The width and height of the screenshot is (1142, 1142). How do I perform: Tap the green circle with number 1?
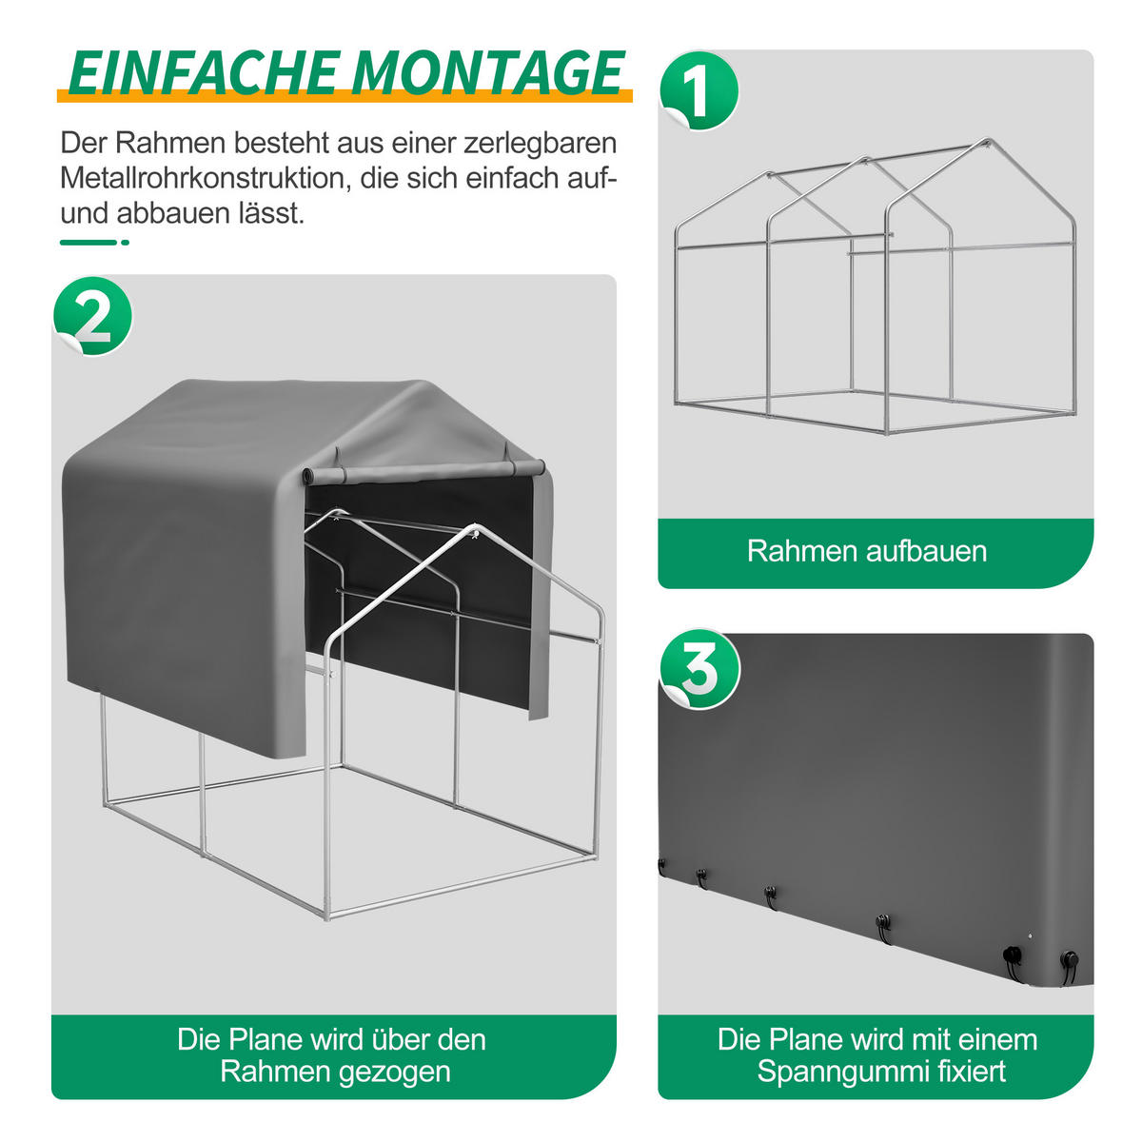tap(699, 90)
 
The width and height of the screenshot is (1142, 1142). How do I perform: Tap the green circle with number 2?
tap(93, 316)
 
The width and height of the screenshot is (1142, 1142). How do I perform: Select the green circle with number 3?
tap(699, 668)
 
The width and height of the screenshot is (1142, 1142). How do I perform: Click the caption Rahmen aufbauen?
tap(867, 551)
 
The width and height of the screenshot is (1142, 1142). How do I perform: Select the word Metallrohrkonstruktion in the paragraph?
tap(203, 178)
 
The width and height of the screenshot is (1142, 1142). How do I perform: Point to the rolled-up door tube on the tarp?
tap(423, 471)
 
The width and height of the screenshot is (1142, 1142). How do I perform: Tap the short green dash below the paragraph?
tap(94, 243)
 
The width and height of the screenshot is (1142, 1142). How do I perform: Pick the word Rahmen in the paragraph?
tap(170, 143)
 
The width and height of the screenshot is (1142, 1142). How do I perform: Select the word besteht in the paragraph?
tap(282, 143)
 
